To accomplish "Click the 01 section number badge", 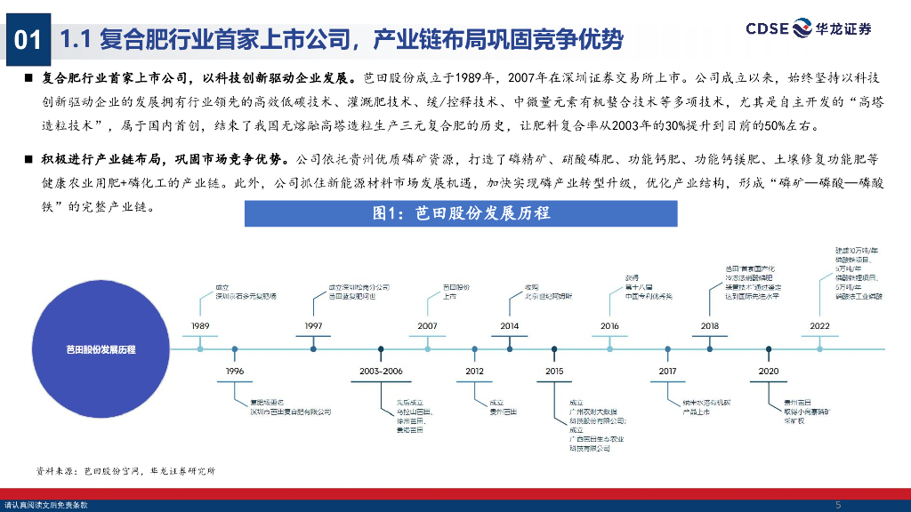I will [27, 39].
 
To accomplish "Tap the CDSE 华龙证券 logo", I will [808, 28].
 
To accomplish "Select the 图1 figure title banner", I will [461, 213].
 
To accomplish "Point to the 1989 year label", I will [201, 326].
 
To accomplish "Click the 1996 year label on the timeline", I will [235, 371].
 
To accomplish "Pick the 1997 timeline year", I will [313, 326].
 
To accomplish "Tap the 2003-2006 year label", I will [382, 371].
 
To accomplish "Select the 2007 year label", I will [427, 326].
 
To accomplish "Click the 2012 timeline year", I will [474, 371].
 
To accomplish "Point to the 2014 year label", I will [510, 326].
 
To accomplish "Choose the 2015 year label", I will [554, 371].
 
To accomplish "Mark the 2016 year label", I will [609, 326].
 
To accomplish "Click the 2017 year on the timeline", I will [667, 371].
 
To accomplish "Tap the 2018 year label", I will [710, 326].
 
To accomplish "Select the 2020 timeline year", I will [769, 371].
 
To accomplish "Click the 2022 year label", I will [820, 326].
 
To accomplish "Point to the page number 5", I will [838, 505].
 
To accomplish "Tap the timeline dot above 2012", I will [474, 348].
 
